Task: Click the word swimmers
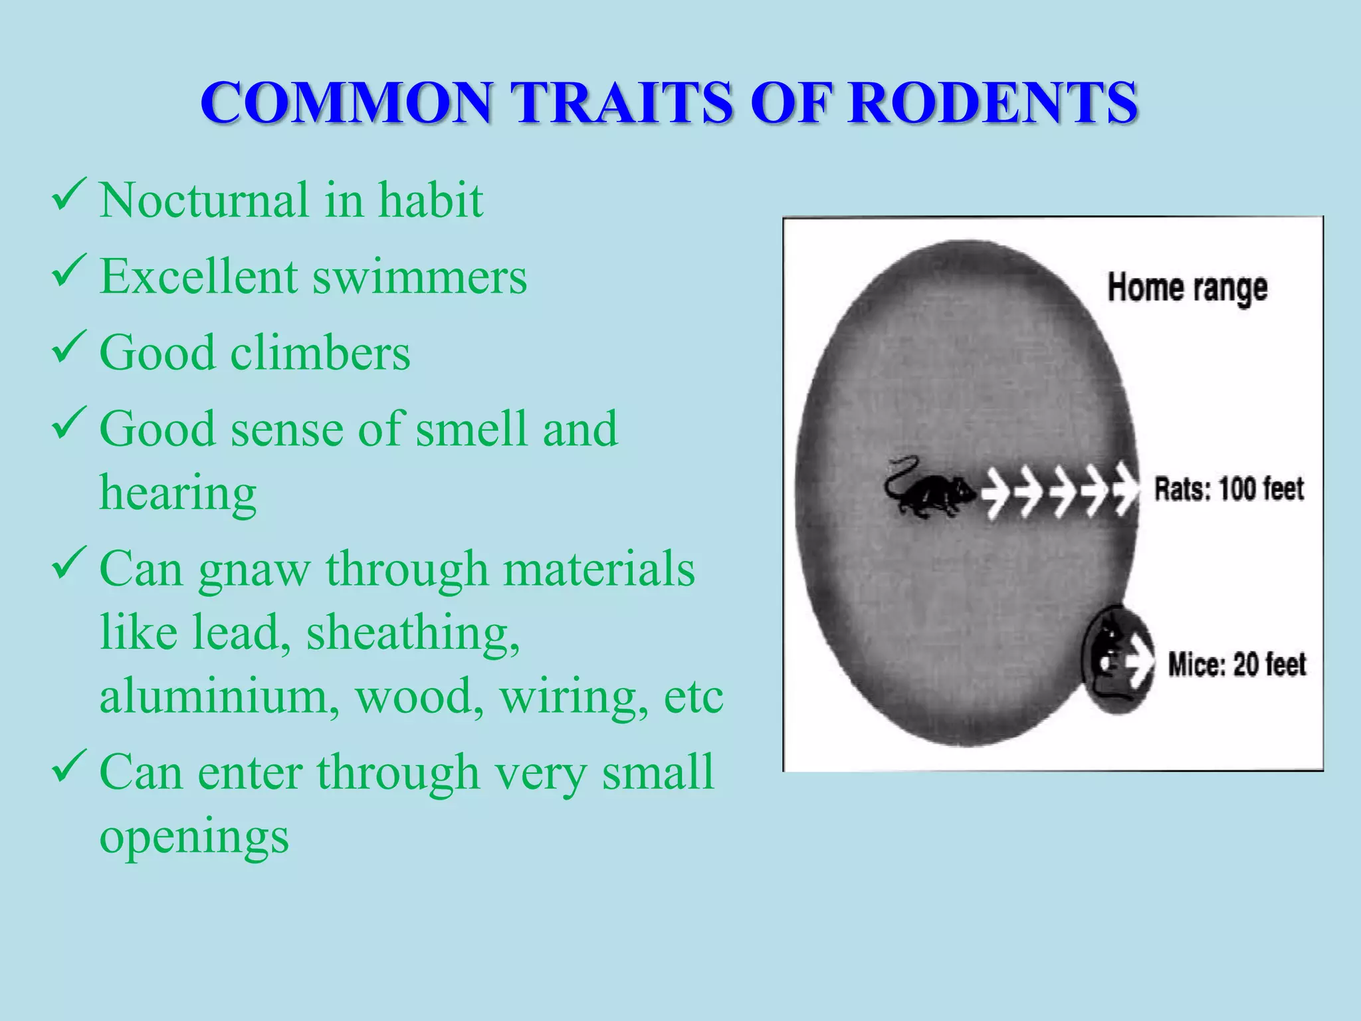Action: click(x=420, y=277)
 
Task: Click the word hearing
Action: click(x=178, y=493)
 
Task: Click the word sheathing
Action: click(x=413, y=633)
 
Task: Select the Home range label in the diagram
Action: click(x=1187, y=288)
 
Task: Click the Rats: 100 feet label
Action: click(x=1229, y=489)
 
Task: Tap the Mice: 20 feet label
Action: click(x=1237, y=665)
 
